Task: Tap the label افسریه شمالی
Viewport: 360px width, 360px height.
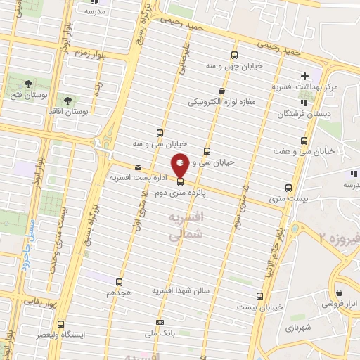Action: pos(186,227)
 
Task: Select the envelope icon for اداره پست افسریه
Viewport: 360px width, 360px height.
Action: pos(138,167)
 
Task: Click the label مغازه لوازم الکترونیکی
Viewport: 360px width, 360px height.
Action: pos(221,102)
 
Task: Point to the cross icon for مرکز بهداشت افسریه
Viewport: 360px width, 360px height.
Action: pos(304,76)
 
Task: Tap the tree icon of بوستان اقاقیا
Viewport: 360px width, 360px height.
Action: pos(68,101)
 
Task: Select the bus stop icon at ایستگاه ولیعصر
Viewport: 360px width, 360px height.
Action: pos(61,324)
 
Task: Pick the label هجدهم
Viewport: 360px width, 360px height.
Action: pos(118,291)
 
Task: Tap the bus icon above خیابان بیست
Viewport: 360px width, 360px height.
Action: pos(259,296)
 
